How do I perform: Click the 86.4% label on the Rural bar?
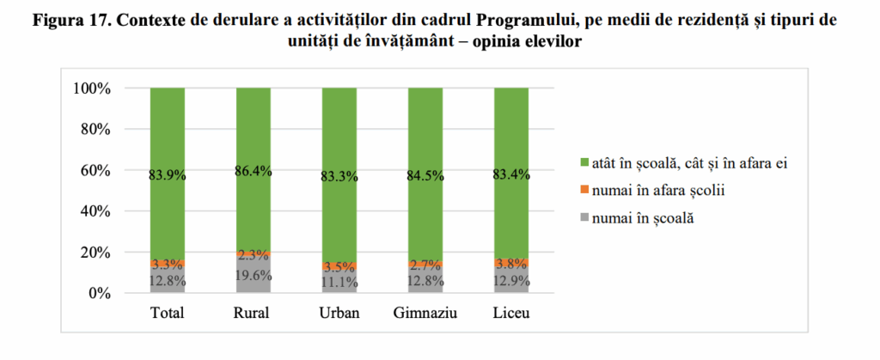[x=253, y=171]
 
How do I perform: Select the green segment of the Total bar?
[x=168, y=129]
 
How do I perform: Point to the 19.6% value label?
[x=253, y=276]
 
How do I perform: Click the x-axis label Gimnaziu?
[x=425, y=314]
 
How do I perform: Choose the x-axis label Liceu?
[x=510, y=314]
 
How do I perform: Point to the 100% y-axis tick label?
[x=90, y=88]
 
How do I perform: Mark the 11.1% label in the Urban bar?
[x=339, y=280]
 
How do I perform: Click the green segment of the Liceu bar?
[x=510, y=129]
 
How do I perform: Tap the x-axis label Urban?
[x=339, y=314]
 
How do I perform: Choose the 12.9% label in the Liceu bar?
[x=510, y=280]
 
